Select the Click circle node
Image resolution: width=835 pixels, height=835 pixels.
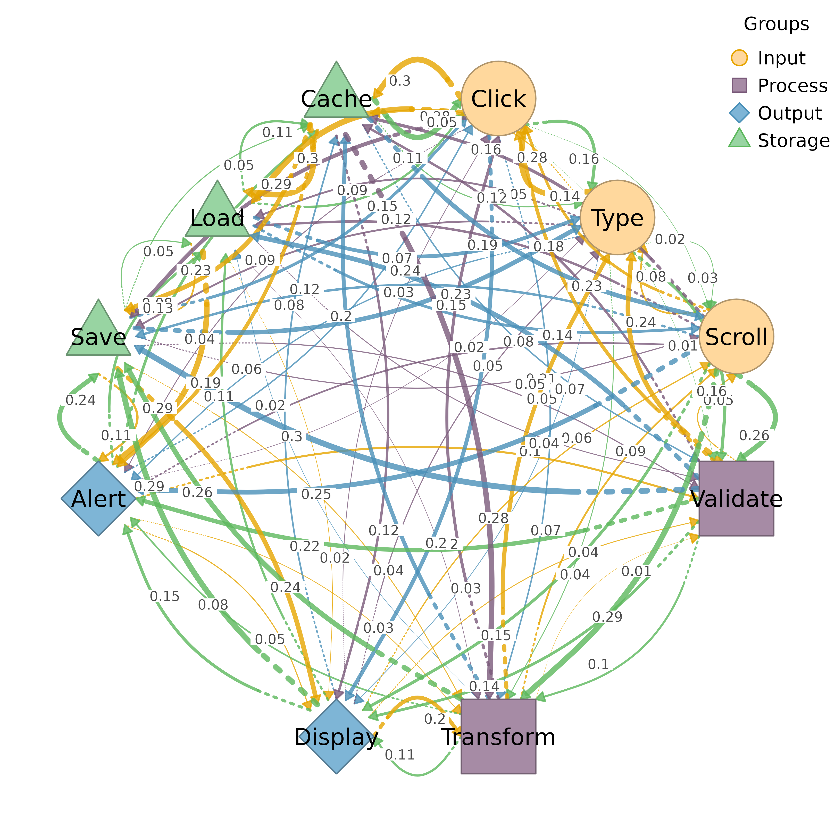(498, 98)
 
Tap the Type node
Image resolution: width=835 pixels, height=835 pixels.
(617, 218)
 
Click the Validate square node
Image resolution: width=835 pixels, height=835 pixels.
(736, 498)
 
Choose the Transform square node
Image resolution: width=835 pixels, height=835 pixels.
(498, 736)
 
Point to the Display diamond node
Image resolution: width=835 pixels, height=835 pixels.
(336, 736)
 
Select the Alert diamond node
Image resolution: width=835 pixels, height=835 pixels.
(98, 498)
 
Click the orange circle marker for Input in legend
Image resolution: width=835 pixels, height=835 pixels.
(739, 58)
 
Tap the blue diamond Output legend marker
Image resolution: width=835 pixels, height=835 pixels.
(739, 113)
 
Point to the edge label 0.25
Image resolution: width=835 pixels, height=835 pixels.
(316, 494)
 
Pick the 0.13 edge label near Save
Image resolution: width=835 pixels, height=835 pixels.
(158, 308)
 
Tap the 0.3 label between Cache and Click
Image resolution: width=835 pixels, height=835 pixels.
(400, 81)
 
